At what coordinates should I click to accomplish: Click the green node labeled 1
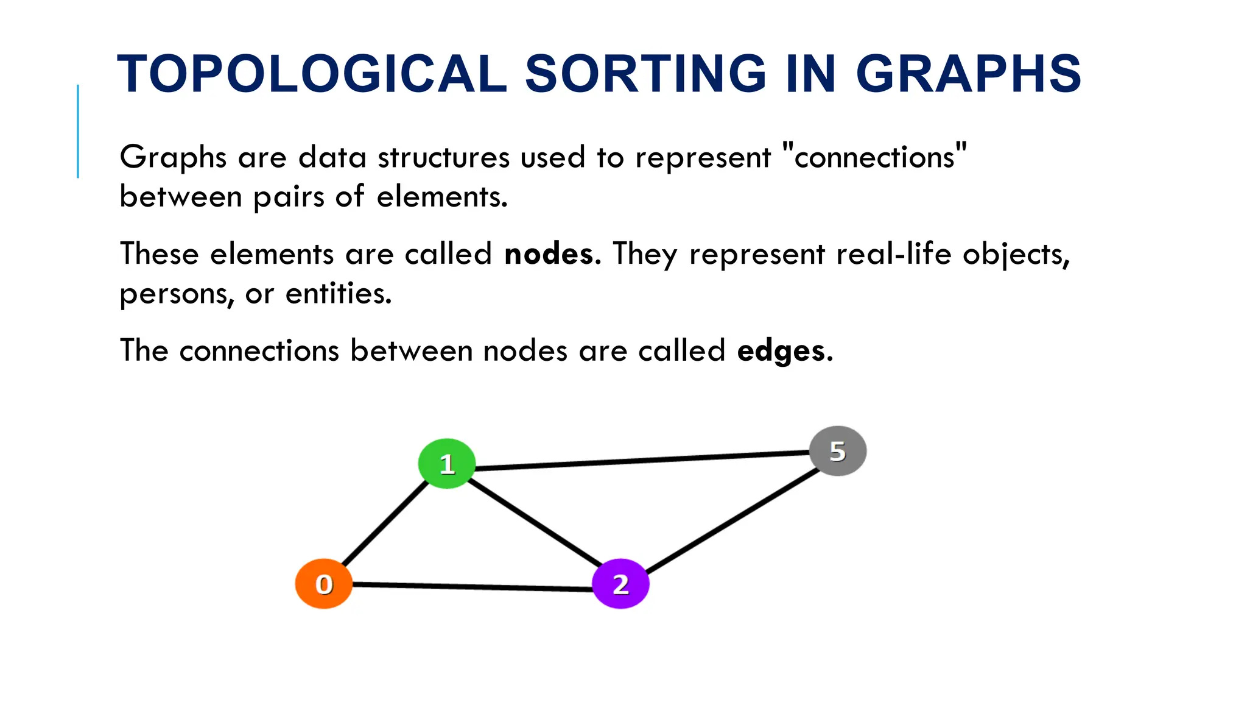[447, 464]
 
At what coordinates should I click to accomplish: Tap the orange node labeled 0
[324, 584]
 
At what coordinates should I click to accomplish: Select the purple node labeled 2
[620, 584]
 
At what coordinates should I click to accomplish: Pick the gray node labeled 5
[838, 451]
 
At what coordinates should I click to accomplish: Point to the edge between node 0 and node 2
[472, 587]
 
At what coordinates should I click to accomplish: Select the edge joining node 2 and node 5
[734, 521]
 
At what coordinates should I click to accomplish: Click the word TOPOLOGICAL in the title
[312, 74]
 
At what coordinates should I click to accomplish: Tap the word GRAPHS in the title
[968, 74]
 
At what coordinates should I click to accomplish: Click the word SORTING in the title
[645, 74]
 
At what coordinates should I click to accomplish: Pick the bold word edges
[781, 351]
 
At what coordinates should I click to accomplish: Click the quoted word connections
[874, 157]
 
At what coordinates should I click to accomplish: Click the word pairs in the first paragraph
[288, 197]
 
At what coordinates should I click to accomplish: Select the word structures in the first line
[443, 157]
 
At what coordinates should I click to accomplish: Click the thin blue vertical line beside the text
[78, 131]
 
